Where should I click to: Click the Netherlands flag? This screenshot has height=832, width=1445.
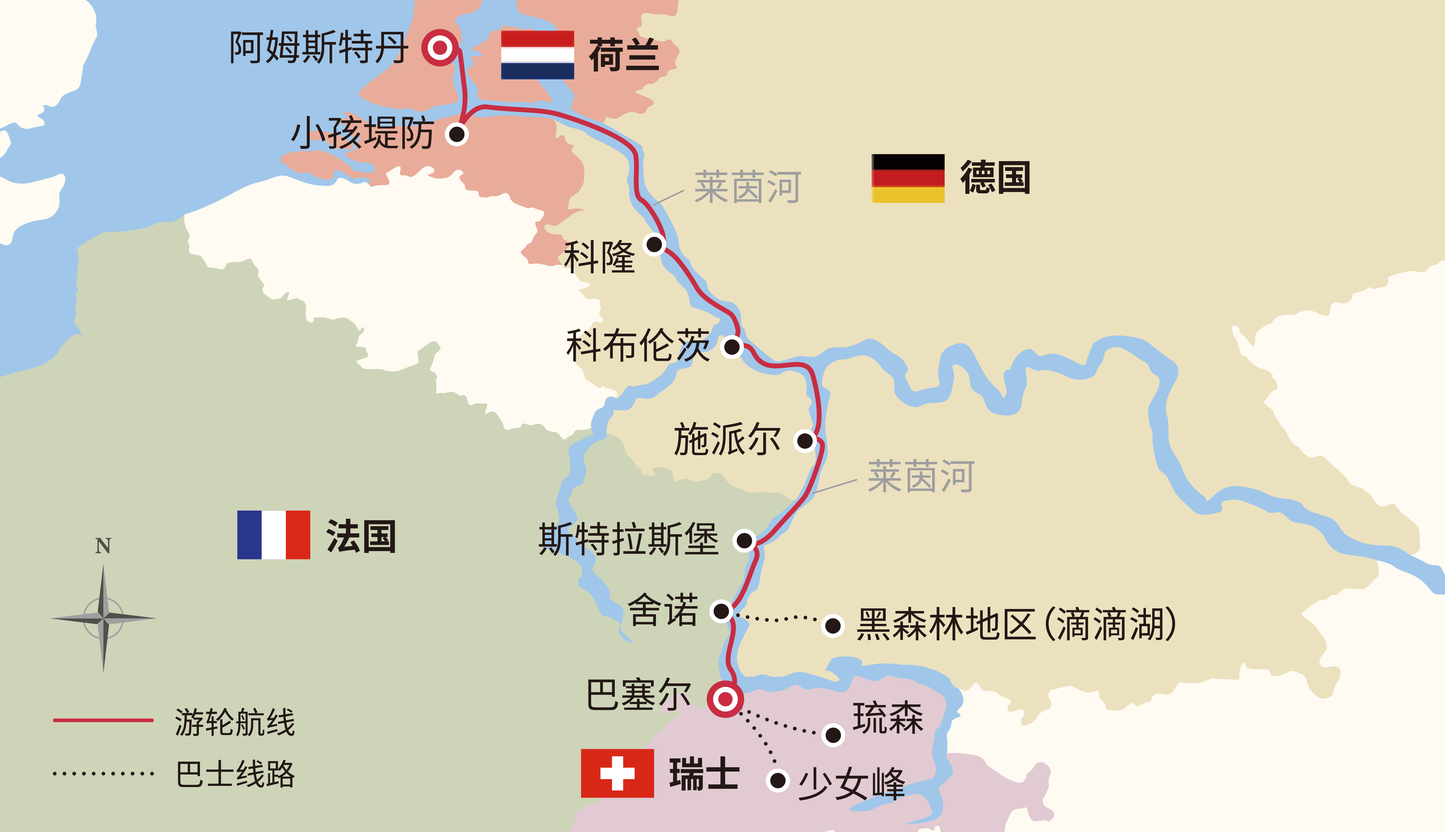pos(537,55)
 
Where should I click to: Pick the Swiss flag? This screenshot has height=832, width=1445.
pos(617,773)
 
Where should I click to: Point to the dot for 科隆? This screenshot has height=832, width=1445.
pos(654,245)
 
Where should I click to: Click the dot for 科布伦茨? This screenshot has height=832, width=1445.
pos(732,346)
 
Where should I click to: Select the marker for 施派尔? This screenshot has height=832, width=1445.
pos(805,441)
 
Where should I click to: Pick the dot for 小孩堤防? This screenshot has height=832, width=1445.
pos(457,134)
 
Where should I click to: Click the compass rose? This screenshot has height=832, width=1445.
pos(103,618)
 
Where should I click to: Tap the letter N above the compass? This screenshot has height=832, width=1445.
pos(103,546)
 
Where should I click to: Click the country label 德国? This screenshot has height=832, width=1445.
pos(995,178)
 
